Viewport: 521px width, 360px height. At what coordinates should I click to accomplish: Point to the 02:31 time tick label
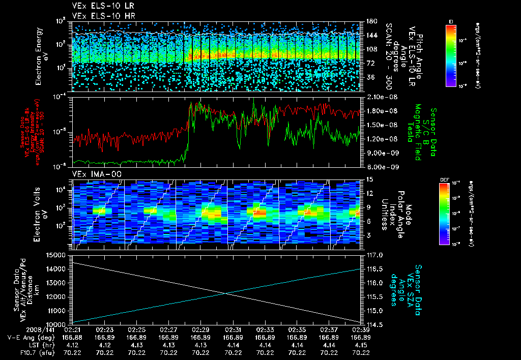point(233,329)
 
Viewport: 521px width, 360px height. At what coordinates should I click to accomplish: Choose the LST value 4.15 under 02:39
point(361,345)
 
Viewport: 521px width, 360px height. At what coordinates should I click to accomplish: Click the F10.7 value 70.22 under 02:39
point(361,352)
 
